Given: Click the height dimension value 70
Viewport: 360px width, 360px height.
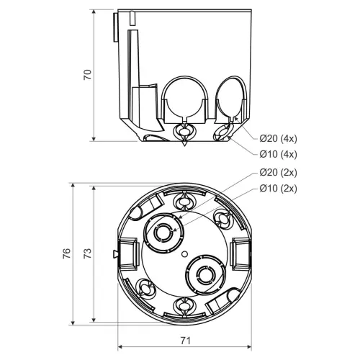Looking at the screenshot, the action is tap(88, 75).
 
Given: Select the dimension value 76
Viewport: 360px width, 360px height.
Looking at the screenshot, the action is tap(67, 253).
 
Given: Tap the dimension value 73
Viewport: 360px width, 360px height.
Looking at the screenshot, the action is tap(88, 253).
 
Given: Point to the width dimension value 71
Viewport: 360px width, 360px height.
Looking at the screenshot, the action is tap(185, 341).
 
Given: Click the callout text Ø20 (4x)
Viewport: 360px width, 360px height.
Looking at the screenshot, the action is tap(278, 138).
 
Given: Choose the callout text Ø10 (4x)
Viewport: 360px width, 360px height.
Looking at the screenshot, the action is tap(278, 154).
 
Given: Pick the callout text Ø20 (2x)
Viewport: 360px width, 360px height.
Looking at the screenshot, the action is tap(278, 173).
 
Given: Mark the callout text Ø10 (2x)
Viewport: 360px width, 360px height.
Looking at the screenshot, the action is tap(278, 189).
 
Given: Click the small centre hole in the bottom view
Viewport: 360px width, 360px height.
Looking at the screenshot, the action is tap(184, 253).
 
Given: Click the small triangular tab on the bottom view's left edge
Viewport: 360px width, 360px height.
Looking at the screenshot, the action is tap(115, 254).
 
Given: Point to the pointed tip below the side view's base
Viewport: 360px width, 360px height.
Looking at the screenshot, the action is tap(184, 144).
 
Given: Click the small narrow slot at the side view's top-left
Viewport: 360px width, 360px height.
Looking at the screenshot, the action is tap(132, 18).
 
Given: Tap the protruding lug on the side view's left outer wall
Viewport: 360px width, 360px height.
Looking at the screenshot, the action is tap(115, 27).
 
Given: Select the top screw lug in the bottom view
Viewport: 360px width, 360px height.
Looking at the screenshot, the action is tap(184, 201).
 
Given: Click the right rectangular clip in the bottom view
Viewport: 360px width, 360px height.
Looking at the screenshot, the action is tap(240, 254).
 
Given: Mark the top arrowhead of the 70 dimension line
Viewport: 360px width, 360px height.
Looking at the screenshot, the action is tap(94, 12).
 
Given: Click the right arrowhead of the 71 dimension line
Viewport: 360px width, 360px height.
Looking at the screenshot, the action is tap(249, 347).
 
